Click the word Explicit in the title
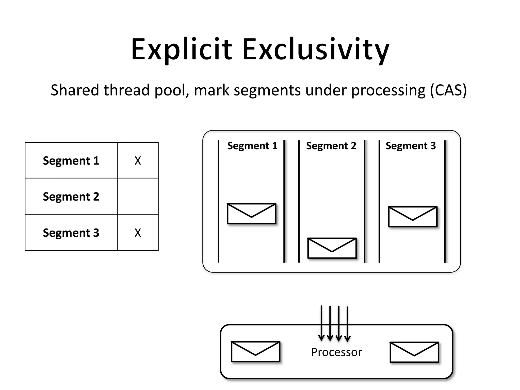pyautogui.click(x=181, y=50)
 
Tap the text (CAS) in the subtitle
pyautogui.click(x=448, y=90)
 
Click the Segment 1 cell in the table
pyautogui.click(x=71, y=160)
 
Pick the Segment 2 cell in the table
pyautogui.click(x=71, y=197)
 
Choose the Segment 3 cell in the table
pyautogui.click(x=71, y=233)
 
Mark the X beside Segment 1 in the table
pyautogui.click(x=138, y=161)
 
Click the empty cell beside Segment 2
pyautogui.click(x=138, y=196)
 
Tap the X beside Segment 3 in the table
pyautogui.click(x=138, y=233)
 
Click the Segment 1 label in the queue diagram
pyautogui.click(x=252, y=146)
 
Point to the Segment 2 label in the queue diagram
pyautogui.click(x=331, y=146)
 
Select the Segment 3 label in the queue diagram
pyautogui.click(x=411, y=146)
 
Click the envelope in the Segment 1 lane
pyautogui.click(x=251, y=214)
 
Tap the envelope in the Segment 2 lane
pyautogui.click(x=332, y=248)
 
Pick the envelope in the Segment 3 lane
pyautogui.click(x=413, y=217)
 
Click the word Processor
pyautogui.click(x=336, y=352)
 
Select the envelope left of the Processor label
pyautogui.click(x=255, y=352)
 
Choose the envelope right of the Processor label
pyautogui.click(x=414, y=352)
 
